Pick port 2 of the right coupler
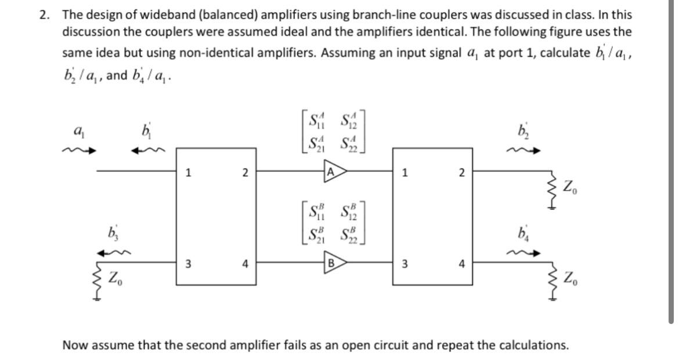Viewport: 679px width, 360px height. [x=461, y=172]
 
